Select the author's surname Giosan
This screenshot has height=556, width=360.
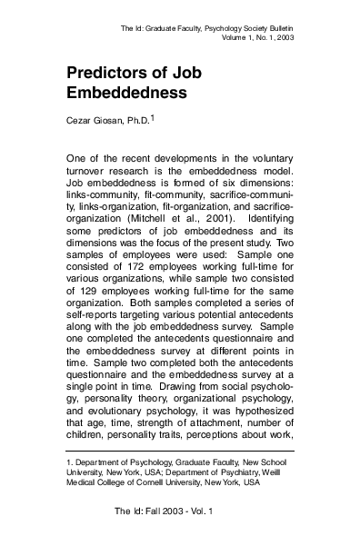point(111,119)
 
